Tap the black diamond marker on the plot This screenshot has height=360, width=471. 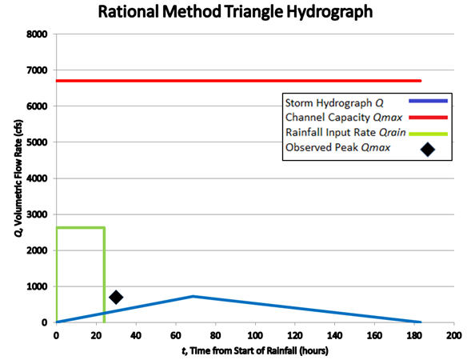coord(116,297)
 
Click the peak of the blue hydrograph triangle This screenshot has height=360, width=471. coord(193,296)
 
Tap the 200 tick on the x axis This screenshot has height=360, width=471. coord(453,334)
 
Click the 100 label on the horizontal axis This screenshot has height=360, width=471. coord(254,334)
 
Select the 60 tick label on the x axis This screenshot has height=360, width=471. coord(175,334)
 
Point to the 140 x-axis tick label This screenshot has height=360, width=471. coord(334,334)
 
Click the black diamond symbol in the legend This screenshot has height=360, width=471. coord(428,149)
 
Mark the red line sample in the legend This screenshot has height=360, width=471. coord(428,117)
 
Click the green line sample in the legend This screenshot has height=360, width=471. coord(428,132)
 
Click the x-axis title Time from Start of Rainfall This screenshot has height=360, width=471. coord(253,350)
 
